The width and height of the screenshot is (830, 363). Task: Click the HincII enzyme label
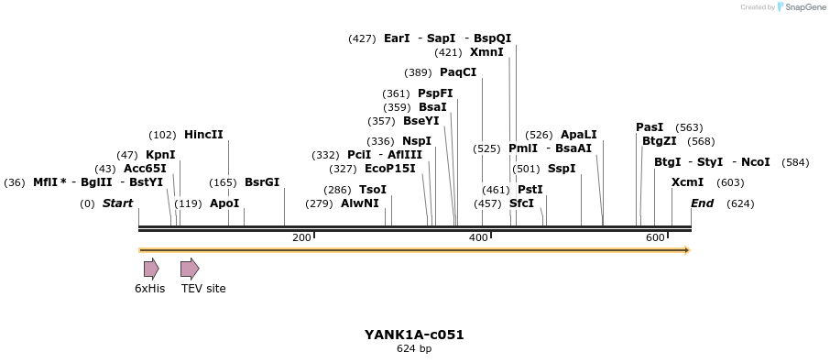click(x=203, y=134)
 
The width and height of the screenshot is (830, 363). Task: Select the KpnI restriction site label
click(x=160, y=155)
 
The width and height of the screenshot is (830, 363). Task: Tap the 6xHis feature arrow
click(x=151, y=269)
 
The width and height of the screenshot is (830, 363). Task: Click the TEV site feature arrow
click(x=190, y=269)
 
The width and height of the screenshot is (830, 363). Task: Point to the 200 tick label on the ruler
click(x=300, y=238)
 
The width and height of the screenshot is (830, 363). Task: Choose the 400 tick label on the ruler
click(x=477, y=238)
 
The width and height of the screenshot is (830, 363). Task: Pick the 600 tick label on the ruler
click(x=654, y=238)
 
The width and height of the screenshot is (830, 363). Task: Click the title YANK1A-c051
click(x=414, y=335)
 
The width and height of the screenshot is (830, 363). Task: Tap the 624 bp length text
click(x=414, y=349)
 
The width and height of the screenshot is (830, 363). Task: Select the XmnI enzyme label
click(x=486, y=52)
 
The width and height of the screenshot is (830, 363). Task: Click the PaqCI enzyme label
click(x=458, y=72)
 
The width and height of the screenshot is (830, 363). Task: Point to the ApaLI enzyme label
click(x=578, y=134)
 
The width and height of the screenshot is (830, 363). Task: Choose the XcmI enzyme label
click(x=687, y=182)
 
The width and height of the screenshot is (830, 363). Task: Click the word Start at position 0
click(x=117, y=203)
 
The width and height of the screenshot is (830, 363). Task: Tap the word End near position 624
click(x=703, y=203)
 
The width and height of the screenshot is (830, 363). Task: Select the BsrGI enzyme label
click(x=262, y=182)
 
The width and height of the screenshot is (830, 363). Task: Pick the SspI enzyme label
click(x=562, y=169)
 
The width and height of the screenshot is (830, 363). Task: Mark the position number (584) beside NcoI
click(x=795, y=162)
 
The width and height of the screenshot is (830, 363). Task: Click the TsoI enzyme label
click(x=373, y=189)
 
